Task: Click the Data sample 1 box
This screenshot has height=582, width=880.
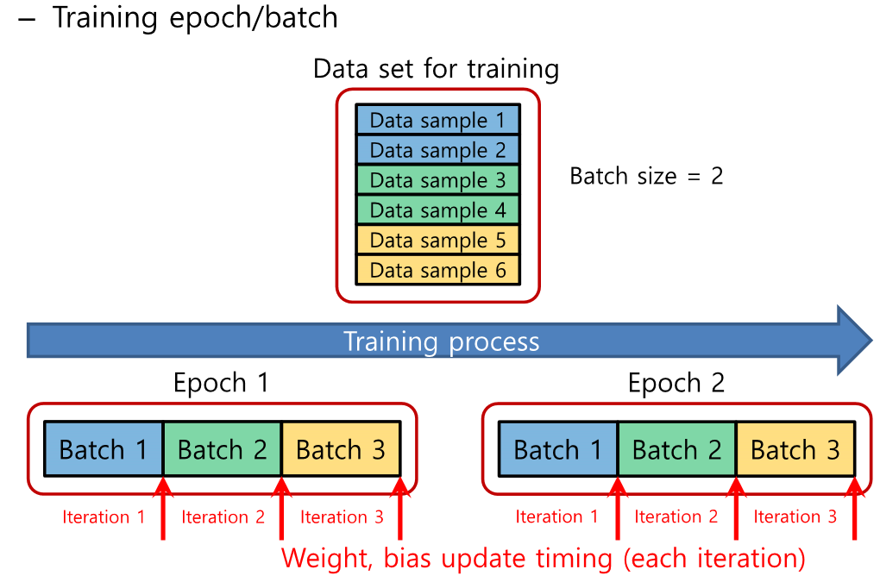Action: (437, 121)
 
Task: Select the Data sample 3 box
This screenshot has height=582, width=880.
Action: (437, 181)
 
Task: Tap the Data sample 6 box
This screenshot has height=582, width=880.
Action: (437, 270)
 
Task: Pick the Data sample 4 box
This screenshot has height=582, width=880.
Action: (437, 210)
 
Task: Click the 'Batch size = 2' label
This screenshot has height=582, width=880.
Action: (646, 177)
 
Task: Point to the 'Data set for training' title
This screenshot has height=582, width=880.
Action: (436, 68)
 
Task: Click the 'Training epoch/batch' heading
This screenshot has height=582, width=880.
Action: (195, 18)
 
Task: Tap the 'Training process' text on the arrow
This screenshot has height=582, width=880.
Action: (441, 341)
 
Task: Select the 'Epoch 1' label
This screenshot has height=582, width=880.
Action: (221, 383)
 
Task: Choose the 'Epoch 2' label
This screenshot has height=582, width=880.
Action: (676, 383)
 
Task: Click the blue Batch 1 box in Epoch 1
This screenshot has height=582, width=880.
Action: (104, 449)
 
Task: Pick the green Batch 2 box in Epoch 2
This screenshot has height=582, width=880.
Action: (676, 449)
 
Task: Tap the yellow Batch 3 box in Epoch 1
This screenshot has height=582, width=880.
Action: (341, 449)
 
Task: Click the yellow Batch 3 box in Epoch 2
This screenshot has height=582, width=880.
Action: (795, 449)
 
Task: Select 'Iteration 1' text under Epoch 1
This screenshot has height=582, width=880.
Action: (104, 517)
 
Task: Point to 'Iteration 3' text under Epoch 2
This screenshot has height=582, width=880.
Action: (795, 517)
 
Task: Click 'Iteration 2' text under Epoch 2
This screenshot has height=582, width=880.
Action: (676, 517)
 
